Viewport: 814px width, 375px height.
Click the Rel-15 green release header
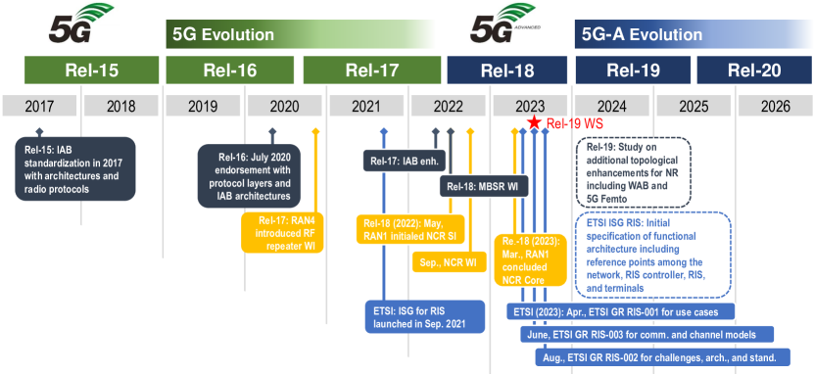(x=91, y=70)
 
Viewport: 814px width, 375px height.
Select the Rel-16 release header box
(x=230, y=70)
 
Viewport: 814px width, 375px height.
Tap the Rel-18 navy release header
(x=507, y=70)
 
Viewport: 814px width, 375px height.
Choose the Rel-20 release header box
(x=755, y=70)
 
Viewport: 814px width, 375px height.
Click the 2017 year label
(x=40, y=107)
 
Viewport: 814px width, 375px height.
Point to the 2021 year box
(x=366, y=107)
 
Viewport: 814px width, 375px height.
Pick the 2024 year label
(x=611, y=107)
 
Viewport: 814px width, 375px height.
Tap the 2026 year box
(x=776, y=107)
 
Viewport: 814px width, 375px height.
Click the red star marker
(x=534, y=122)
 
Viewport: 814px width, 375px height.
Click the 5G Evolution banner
(x=300, y=34)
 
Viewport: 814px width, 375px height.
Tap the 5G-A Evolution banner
(x=694, y=34)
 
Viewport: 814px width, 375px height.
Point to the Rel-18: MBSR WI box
(x=484, y=186)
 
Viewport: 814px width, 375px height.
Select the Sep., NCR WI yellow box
(x=450, y=262)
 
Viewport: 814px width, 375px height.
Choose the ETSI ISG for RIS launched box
(x=425, y=317)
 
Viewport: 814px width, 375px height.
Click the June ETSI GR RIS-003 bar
(x=646, y=335)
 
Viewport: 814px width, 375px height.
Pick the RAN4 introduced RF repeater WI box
(x=282, y=233)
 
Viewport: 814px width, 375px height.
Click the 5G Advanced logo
(x=506, y=23)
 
